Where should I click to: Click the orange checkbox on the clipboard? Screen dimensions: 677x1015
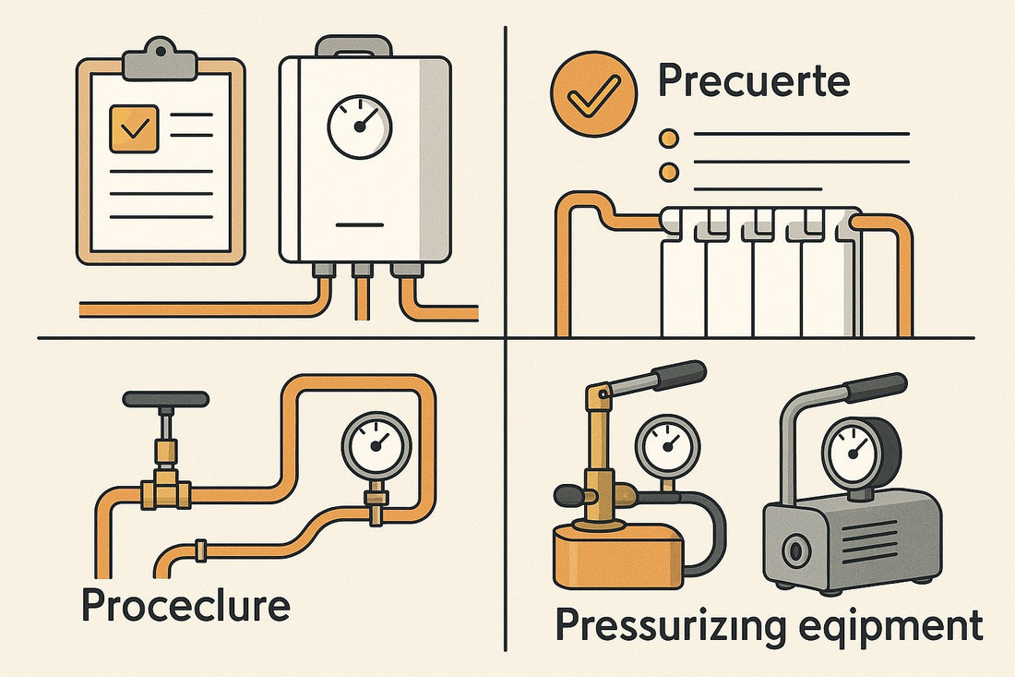(134, 128)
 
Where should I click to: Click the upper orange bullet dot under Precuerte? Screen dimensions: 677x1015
(670, 138)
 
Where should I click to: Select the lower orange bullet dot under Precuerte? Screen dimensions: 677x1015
(670, 172)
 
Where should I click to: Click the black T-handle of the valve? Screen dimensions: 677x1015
(165, 399)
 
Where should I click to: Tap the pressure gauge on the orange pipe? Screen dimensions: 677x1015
(376, 444)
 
